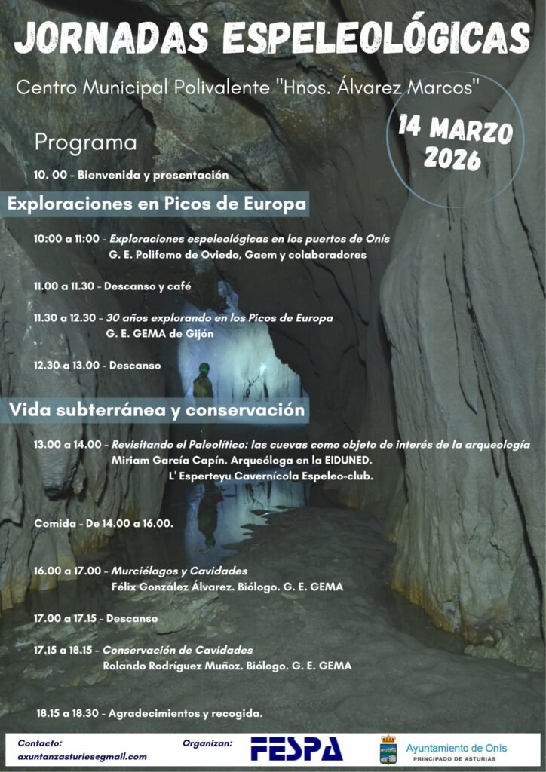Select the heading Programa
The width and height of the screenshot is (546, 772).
[x=86, y=142]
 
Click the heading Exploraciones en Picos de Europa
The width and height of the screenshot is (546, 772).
[x=158, y=204]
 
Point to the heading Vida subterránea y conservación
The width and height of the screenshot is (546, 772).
[x=157, y=410]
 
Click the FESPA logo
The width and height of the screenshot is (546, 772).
[x=296, y=749]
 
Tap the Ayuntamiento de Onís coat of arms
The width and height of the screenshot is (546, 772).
[x=388, y=749]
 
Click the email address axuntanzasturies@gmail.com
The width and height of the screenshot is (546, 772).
[x=82, y=756]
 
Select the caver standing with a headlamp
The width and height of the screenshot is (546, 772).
[x=202, y=380]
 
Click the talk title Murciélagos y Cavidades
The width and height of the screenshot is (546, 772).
[x=179, y=571]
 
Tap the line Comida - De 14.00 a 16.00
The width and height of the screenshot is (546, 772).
[x=103, y=523]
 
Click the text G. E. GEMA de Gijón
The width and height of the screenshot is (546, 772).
[x=160, y=333]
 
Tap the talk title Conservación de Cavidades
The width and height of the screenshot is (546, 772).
[x=177, y=650]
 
